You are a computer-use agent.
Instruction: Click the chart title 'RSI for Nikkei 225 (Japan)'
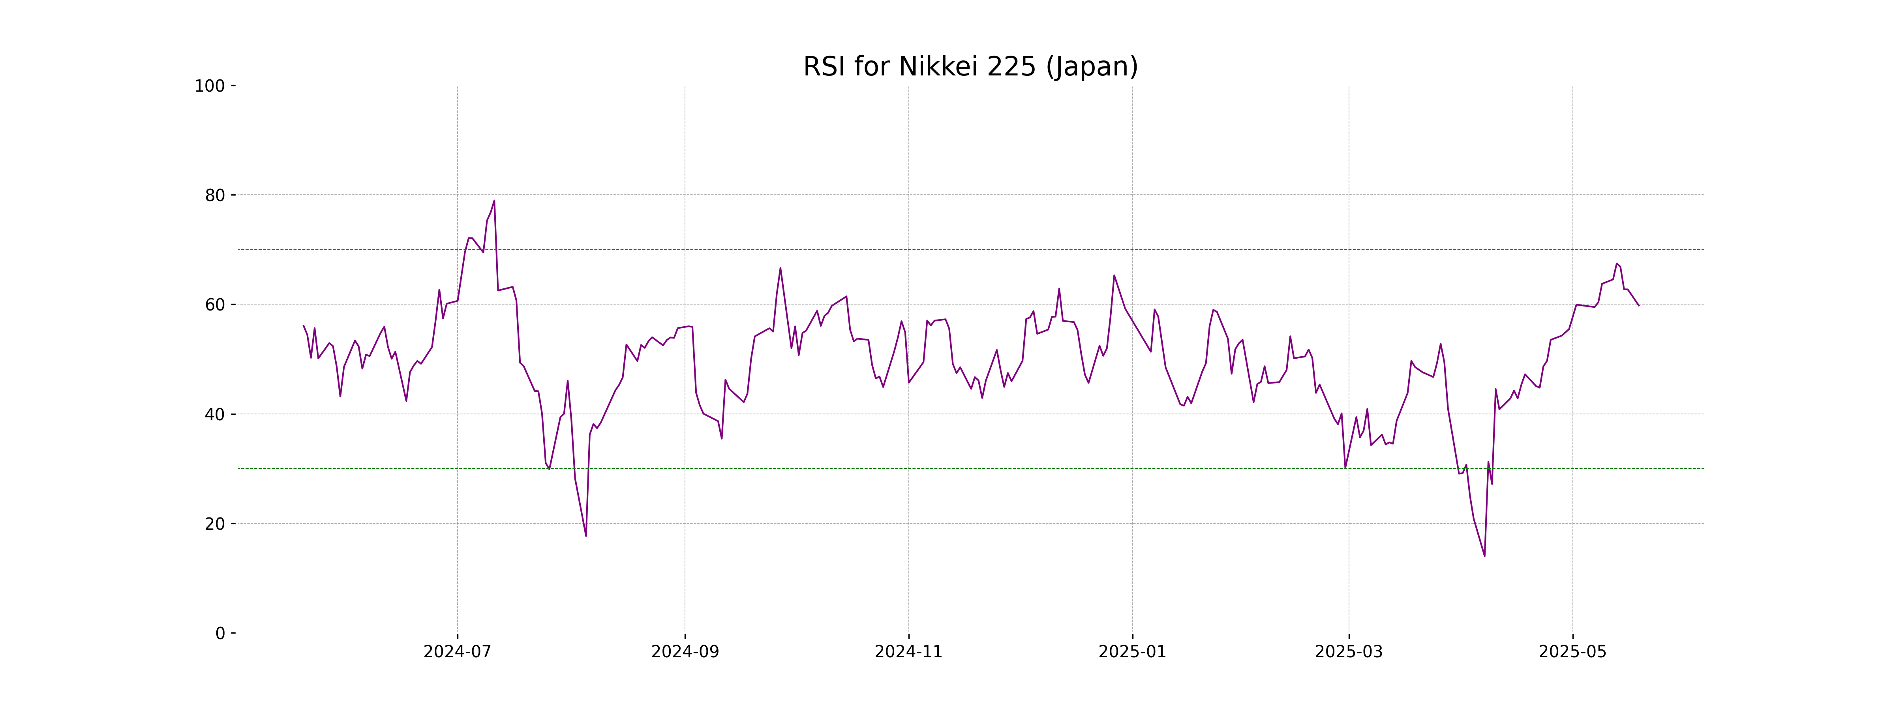point(970,67)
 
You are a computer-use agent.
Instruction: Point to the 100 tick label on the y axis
point(210,86)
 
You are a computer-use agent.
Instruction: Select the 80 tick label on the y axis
point(215,196)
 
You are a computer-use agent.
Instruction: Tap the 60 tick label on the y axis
point(215,305)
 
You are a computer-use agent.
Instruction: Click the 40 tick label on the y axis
point(215,414)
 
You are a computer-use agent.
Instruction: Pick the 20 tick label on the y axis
point(215,524)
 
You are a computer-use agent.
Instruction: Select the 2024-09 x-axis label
point(685,652)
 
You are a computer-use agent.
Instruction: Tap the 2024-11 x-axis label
point(908,652)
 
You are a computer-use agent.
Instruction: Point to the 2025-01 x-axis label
point(1132,652)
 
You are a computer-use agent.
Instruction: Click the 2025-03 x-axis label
point(1349,652)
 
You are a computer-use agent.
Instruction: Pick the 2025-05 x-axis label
point(1573,652)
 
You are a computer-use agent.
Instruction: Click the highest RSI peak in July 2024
point(494,200)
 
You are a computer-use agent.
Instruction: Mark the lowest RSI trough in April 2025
point(1484,556)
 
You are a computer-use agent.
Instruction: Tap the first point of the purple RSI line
point(304,326)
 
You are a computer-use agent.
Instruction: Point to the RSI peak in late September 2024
point(781,268)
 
